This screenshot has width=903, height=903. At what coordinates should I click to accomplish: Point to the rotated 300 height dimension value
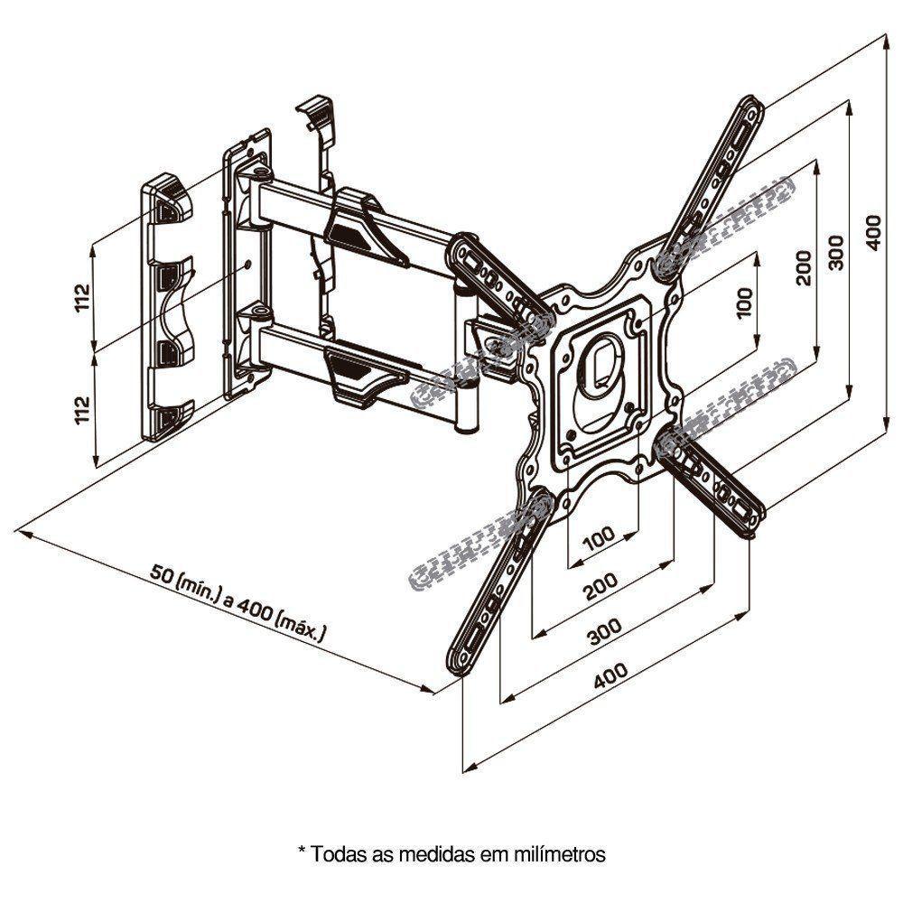836,252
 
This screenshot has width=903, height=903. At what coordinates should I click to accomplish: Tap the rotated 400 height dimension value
872,233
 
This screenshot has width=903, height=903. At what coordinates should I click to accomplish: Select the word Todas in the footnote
334,852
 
